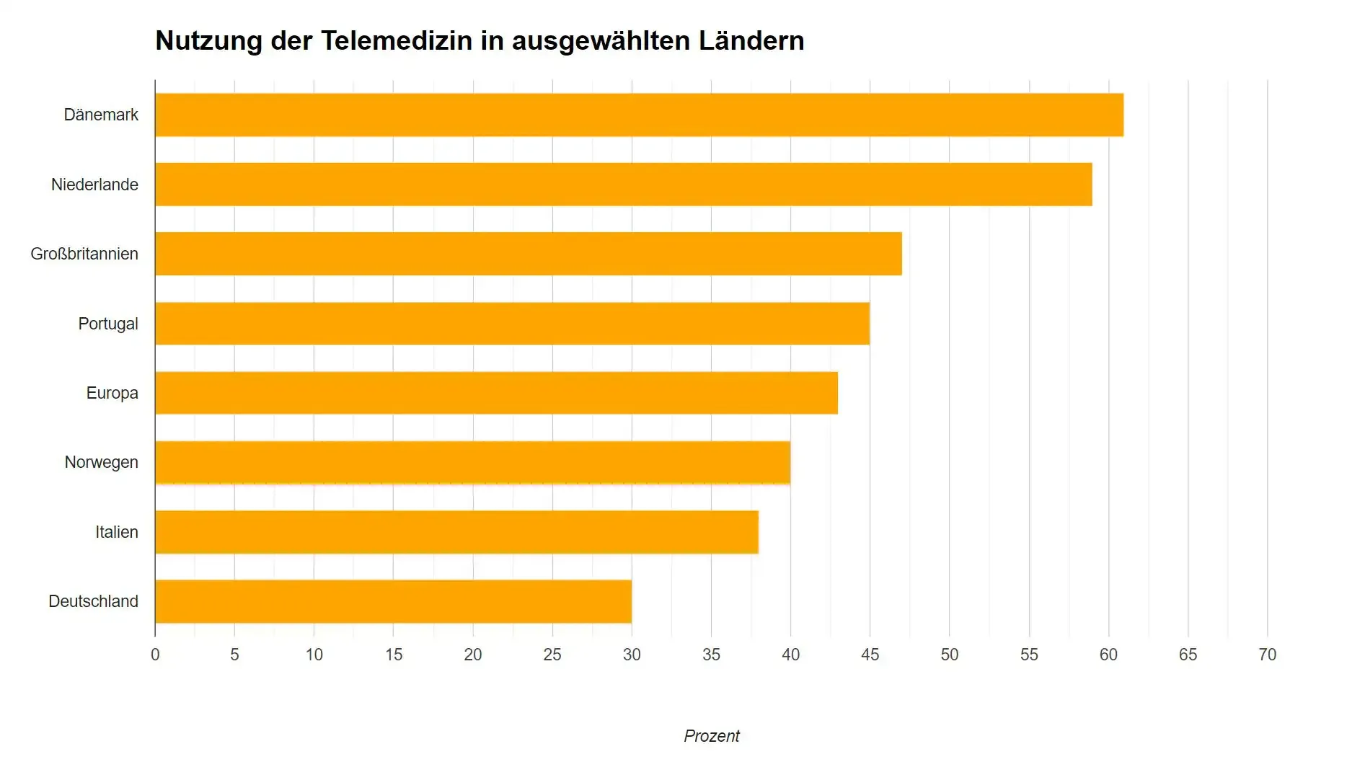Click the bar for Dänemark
tap(639, 115)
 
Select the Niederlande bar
tap(623, 185)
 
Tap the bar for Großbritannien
tap(528, 254)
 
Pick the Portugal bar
tap(512, 324)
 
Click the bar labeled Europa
tap(496, 393)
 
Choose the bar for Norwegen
tap(472, 462)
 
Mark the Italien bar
tap(456, 532)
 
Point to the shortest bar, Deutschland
tap(393, 601)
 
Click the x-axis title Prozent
tap(711, 736)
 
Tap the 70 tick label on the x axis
tap(1267, 655)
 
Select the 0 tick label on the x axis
tap(155, 655)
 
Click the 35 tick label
tap(711, 655)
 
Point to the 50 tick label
tap(949, 655)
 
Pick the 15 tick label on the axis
tap(393, 655)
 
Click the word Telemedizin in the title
tap(396, 40)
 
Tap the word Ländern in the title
tap(751, 40)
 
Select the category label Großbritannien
tap(84, 254)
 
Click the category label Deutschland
tap(93, 601)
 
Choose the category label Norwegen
tap(101, 462)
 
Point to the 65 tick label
tap(1188, 655)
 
